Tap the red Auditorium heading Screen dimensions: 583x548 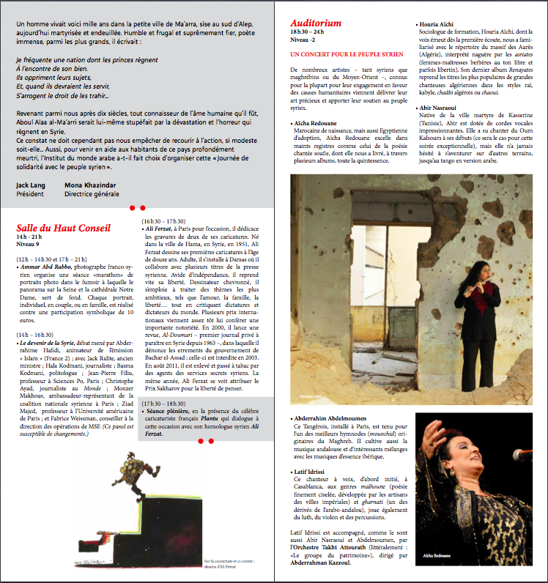(316, 23)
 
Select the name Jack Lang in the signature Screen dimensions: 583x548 (31, 185)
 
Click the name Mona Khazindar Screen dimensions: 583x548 (91, 185)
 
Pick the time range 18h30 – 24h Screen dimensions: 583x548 (308, 33)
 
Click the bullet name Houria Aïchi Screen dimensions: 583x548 (441, 24)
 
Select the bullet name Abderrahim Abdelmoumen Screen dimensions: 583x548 (338, 418)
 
